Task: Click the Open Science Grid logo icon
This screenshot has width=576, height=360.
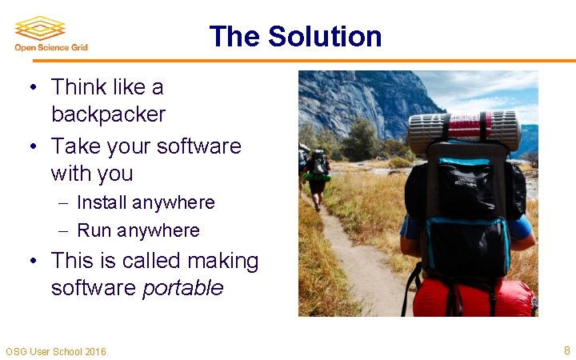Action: point(39,28)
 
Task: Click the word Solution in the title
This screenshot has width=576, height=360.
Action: point(325,37)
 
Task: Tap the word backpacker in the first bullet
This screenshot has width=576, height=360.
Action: point(108,114)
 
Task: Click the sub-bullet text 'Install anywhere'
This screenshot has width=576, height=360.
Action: point(146,202)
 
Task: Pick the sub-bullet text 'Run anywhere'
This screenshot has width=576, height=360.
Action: point(138,230)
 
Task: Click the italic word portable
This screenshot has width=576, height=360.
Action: point(182,288)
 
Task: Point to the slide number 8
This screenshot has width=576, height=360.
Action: point(566,350)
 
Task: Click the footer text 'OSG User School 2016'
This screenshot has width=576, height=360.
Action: point(56,352)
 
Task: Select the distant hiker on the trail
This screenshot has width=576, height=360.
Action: point(318,176)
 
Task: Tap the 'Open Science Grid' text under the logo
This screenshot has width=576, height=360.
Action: point(51,48)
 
